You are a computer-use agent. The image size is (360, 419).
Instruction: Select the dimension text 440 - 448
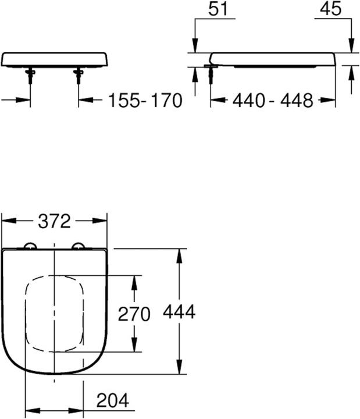[273, 101]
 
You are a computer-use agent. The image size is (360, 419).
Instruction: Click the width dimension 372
[54, 221]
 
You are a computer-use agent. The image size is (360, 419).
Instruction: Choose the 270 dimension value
[134, 314]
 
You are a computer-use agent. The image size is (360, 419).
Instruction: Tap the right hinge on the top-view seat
[79, 247]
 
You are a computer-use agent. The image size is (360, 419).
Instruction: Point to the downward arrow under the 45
[351, 47]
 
